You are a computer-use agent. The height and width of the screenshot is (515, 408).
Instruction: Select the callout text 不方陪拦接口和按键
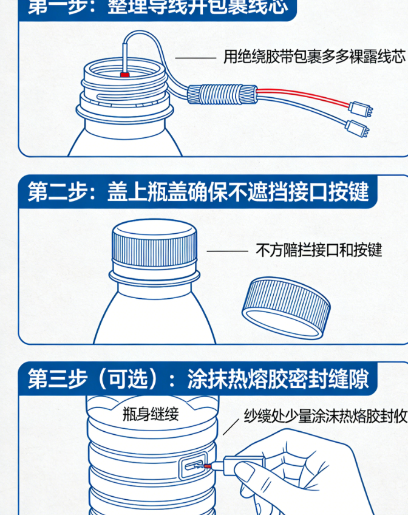tap(319, 250)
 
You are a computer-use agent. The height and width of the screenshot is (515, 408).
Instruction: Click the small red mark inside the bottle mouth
tap(126, 75)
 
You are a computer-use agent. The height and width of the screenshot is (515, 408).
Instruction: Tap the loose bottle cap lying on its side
tap(286, 309)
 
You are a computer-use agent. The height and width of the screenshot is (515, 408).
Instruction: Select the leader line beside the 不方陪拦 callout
tap(227, 250)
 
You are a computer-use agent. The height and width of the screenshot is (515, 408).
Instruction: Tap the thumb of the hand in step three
tap(246, 471)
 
